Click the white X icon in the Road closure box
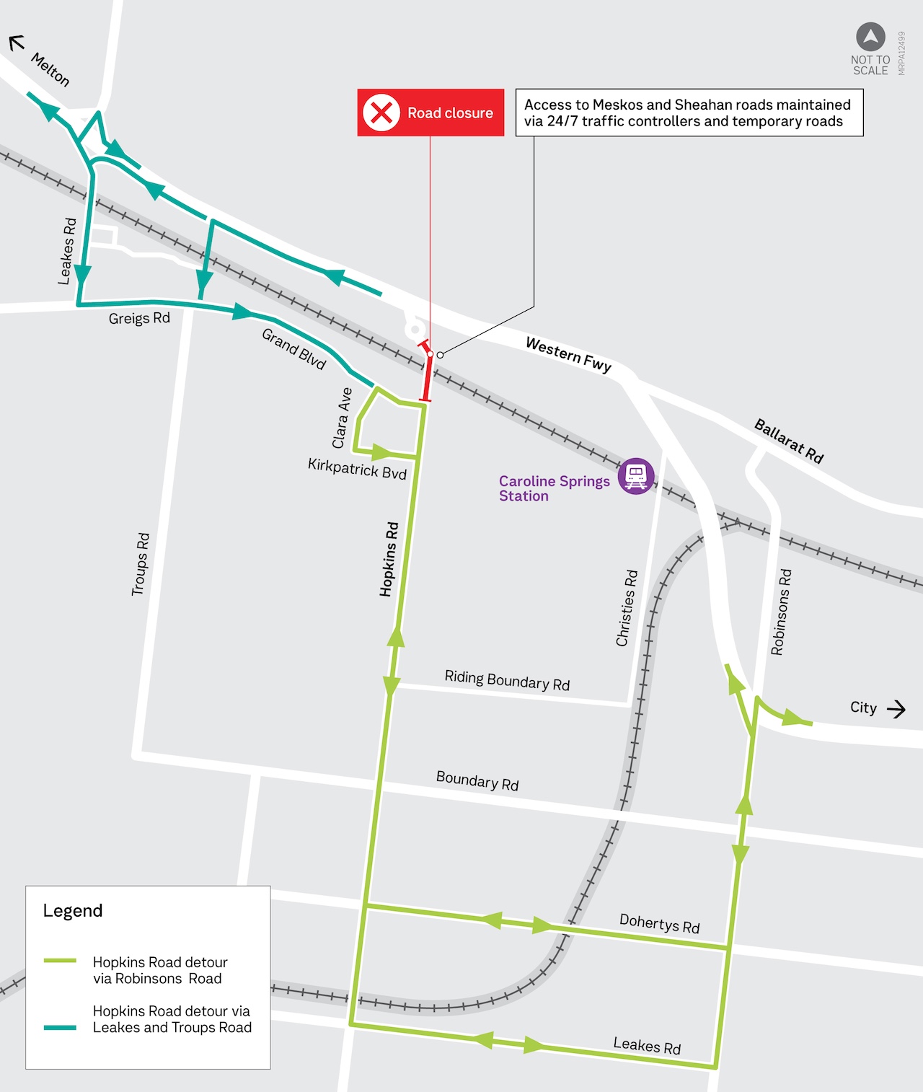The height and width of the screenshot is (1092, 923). click(x=381, y=113)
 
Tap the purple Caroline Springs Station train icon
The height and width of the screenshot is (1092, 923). click(x=636, y=476)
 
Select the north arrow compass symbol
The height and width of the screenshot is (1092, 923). click(x=870, y=37)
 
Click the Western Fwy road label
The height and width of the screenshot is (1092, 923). click(x=568, y=355)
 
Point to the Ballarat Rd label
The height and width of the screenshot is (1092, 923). click(x=789, y=440)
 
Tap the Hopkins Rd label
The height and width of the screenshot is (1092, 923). click(x=389, y=559)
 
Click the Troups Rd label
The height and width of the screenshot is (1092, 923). click(x=141, y=564)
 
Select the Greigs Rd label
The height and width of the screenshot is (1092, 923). click(x=139, y=318)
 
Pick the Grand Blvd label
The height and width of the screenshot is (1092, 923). click(x=294, y=348)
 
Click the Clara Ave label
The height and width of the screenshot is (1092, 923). click(x=343, y=418)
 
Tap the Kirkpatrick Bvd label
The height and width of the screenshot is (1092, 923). click(x=357, y=468)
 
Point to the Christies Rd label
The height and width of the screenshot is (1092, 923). click(x=627, y=608)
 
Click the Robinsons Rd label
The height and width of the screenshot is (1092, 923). click(x=781, y=612)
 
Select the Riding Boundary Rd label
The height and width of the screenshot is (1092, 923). click(x=507, y=680)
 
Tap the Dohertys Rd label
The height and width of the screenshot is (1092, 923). click(x=659, y=923)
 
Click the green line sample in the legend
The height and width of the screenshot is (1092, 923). click(x=60, y=961)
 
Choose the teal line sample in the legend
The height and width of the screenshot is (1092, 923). click(x=60, y=1027)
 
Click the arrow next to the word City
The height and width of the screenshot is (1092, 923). click(x=896, y=709)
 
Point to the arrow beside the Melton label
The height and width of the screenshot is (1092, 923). click(x=17, y=43)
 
